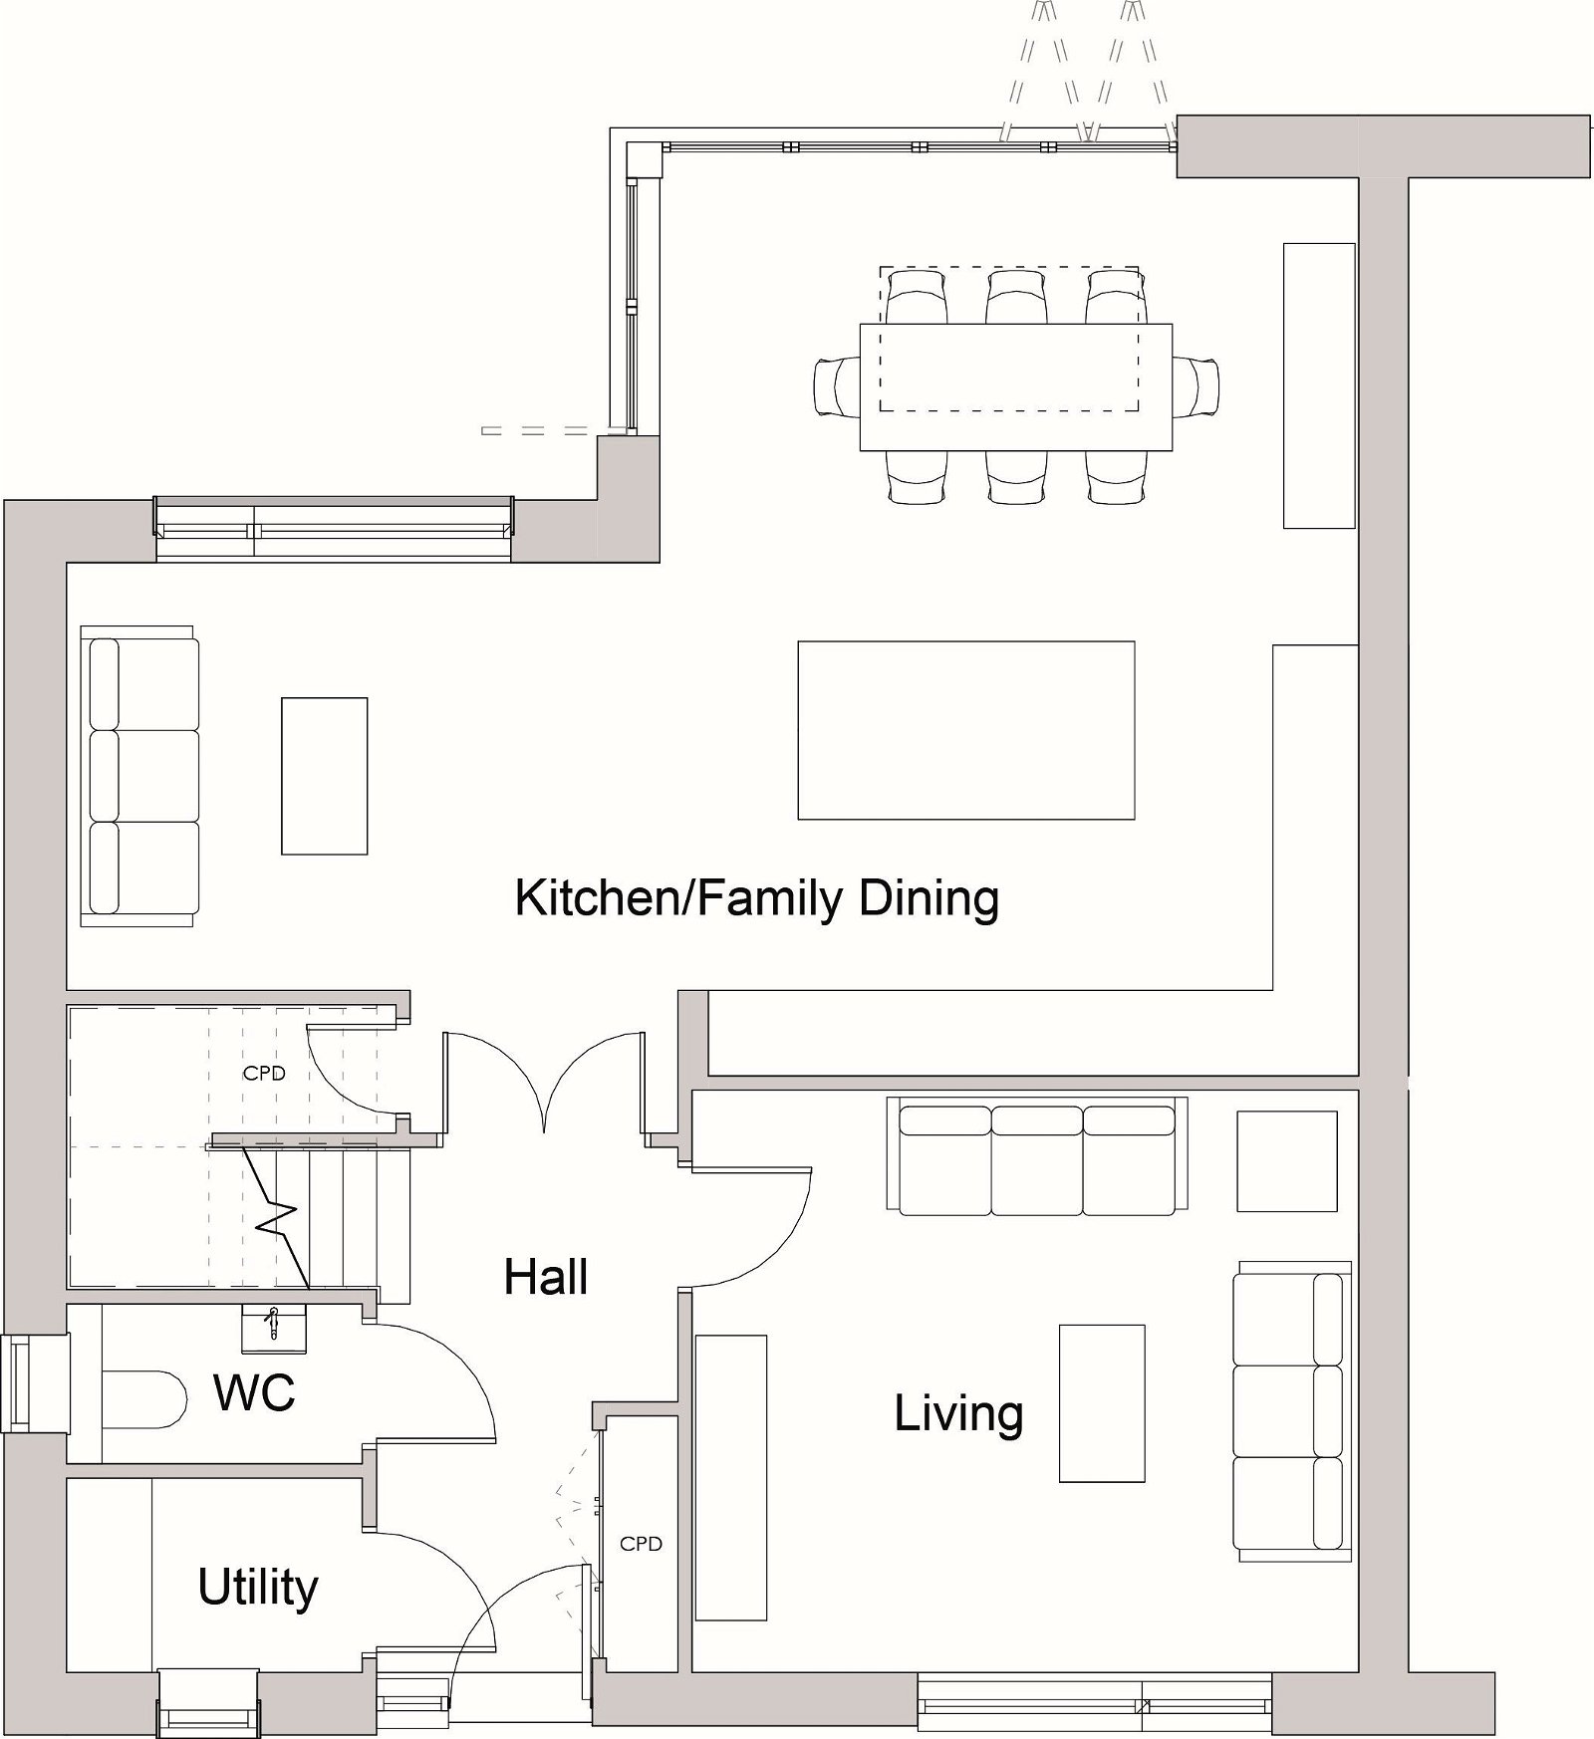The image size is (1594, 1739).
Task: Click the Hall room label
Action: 545,1277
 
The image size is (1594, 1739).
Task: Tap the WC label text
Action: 254,1392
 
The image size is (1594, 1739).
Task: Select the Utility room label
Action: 257,1587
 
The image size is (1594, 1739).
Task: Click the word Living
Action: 958,1413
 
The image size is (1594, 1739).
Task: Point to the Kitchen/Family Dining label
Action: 756,898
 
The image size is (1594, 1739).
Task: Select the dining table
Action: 1016,386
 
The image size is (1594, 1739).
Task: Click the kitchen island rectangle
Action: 965,730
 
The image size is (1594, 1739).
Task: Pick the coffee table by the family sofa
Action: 324,776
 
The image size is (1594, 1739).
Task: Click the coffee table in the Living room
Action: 1101,1403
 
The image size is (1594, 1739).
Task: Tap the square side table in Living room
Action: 1286,1161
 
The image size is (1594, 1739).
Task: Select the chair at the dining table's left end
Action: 836,386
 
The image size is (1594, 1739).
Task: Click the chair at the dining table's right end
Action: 1196,386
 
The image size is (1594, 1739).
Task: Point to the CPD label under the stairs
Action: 264,1074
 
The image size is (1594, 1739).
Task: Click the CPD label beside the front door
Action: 641,1544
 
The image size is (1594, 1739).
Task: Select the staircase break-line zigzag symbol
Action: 276,1219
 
